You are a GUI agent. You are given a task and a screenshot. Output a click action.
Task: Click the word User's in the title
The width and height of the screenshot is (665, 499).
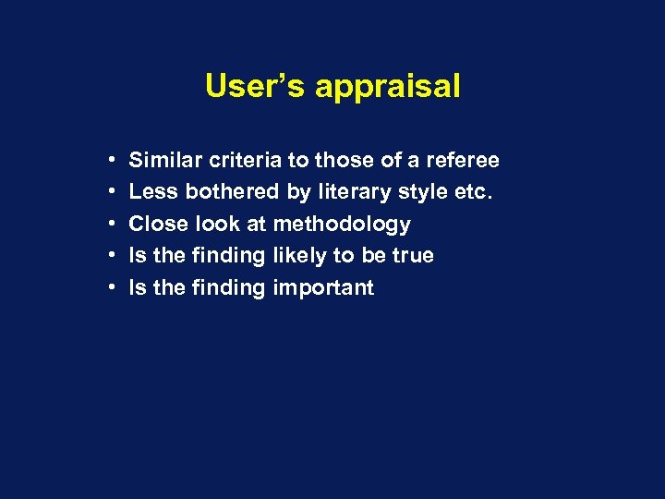[x=256, y=86]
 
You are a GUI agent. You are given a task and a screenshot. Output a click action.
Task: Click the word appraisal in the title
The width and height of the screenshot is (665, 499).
[x=387, y=88]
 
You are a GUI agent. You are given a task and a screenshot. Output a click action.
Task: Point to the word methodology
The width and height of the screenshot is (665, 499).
[x=342, y=225]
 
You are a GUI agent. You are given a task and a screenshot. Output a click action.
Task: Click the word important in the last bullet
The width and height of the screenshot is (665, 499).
[x=323, y=288]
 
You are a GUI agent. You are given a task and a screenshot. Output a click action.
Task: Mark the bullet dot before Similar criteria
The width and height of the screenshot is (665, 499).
[x=110, y=161]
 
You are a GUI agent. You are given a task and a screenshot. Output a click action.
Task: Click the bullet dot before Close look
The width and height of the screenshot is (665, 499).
[x=110, y=225]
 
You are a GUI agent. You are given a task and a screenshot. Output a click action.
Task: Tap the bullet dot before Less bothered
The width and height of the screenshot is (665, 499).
[x=110, y=192]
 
